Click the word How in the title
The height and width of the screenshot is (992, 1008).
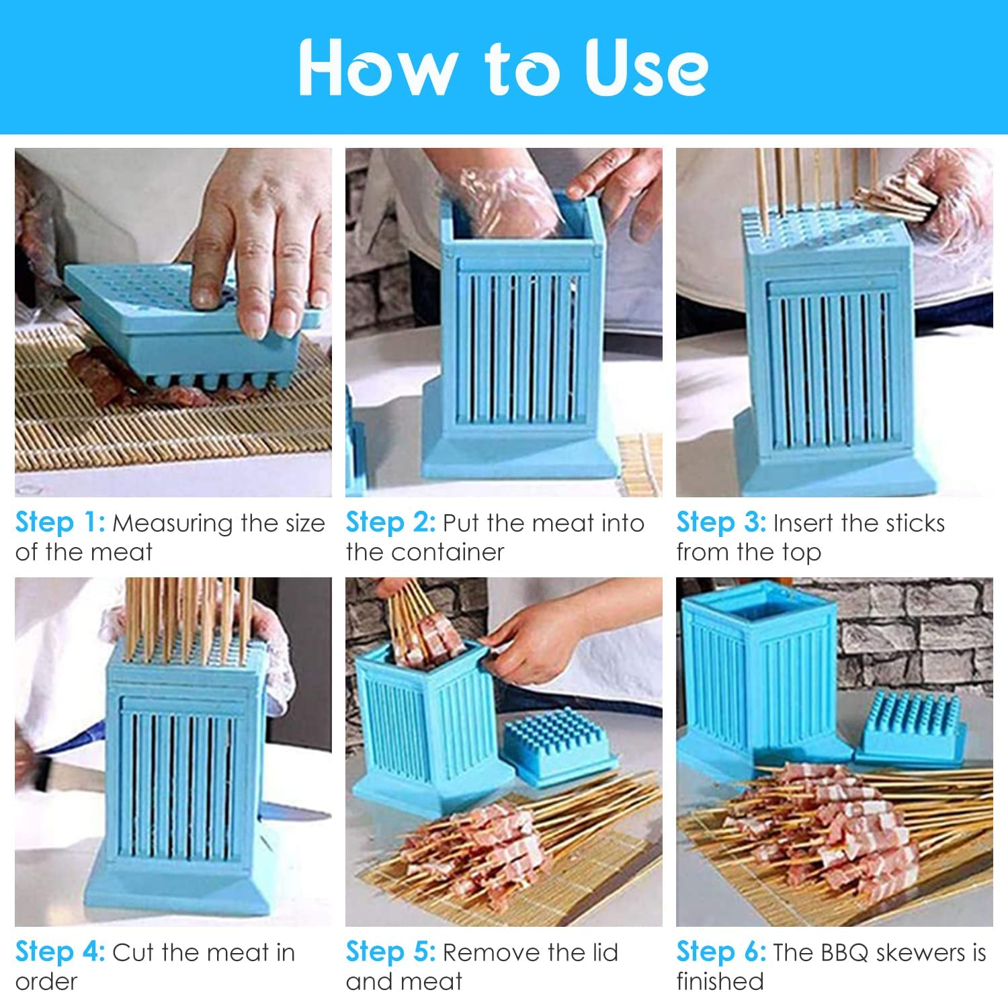(x=376, y=67)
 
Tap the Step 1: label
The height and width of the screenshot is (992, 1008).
(x=60, y=523)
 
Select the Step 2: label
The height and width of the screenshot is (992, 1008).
(x=390, y=523)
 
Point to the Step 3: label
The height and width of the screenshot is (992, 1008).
(x=721, y=523)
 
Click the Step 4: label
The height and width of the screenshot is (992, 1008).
(x=60, y=952)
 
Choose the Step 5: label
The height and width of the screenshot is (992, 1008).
(x=390, y=952)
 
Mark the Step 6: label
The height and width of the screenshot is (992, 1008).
(x=721, y=952)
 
